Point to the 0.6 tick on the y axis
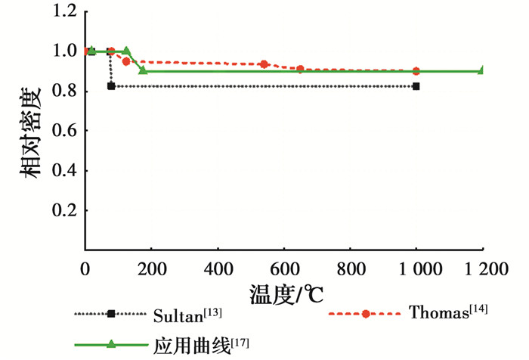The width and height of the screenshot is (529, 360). pyautogui.click(x=63, y=131)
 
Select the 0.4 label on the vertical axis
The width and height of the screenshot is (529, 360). pyautogui.click(x=63, y=170)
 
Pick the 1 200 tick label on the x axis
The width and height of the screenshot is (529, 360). pyautogui.click(x=482, y=270)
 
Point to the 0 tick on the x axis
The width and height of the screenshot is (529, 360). pyautogui.click(x=85, y=270)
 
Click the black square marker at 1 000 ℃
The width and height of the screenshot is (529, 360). pyautogui.click(x=416, y=86)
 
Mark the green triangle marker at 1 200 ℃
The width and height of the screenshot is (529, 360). pyautogui.click(x=481, y=70)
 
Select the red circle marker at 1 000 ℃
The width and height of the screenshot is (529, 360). pyautogui.click(x=416, y=71)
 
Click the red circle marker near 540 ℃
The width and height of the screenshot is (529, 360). pyautogui.click(x=264, y=64)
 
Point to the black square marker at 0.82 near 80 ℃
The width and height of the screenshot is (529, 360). pyautogui.click(x=111, y=86)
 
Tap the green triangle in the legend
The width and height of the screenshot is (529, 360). pyautogui.click(x=111, y=343)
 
